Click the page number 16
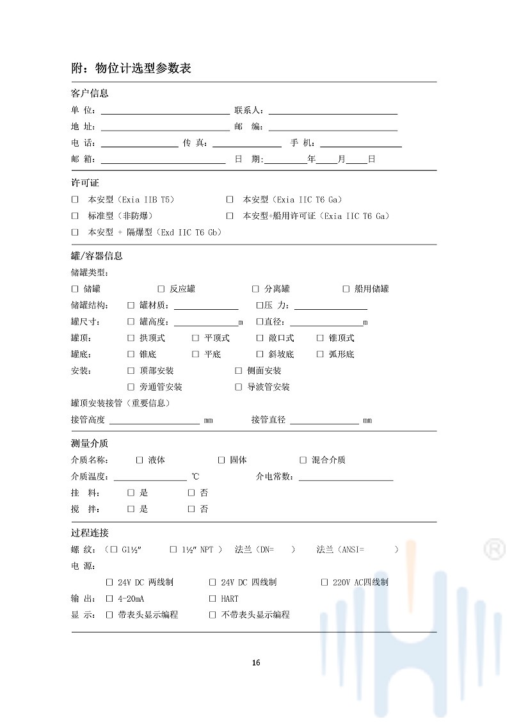(256, 663)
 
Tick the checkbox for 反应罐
(161, 289)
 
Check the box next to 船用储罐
(346, 289)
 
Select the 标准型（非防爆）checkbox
(75, 216)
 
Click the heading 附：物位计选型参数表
(131, 68)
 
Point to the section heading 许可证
(85, 183)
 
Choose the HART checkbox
(212, 599)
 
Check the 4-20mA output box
(109, 599)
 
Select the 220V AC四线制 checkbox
(324, 582)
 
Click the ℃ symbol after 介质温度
(195, 477)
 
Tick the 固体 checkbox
(221, 460)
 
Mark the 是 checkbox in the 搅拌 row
(131, 509)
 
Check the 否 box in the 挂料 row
(191, 492)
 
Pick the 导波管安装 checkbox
(239, 387)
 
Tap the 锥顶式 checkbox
(321, 338)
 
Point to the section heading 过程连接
(90, 533)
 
